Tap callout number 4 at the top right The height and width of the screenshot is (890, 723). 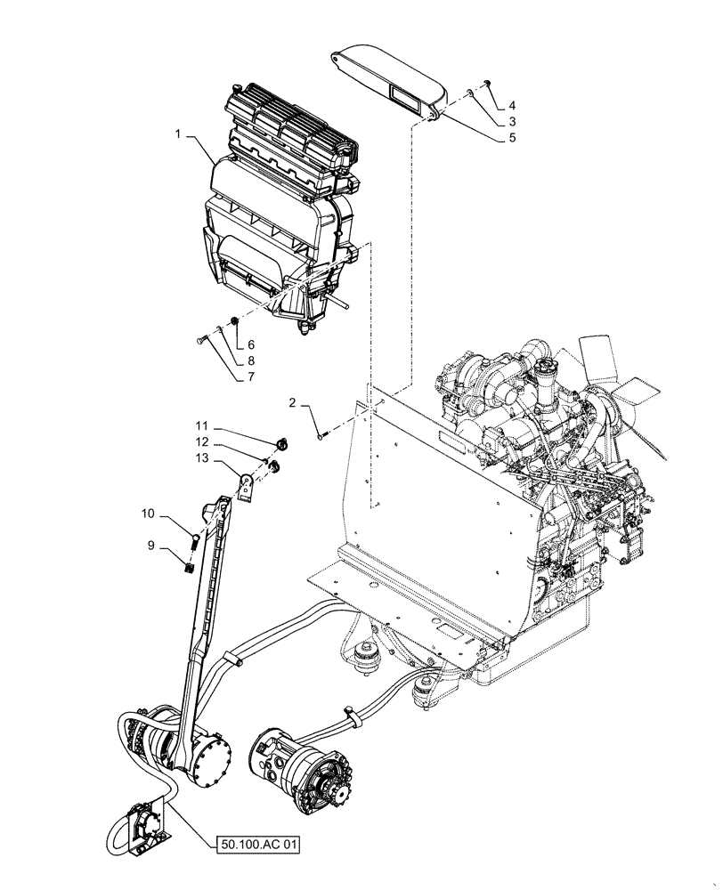point(512,104)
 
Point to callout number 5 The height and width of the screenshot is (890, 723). point(512,138)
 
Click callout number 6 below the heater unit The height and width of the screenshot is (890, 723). point(251,344)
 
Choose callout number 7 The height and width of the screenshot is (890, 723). point(251,376)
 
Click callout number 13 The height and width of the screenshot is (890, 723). point(202,457)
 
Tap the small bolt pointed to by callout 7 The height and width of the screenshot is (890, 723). point(199,339)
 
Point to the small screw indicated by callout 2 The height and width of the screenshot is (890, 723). point(321,434)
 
